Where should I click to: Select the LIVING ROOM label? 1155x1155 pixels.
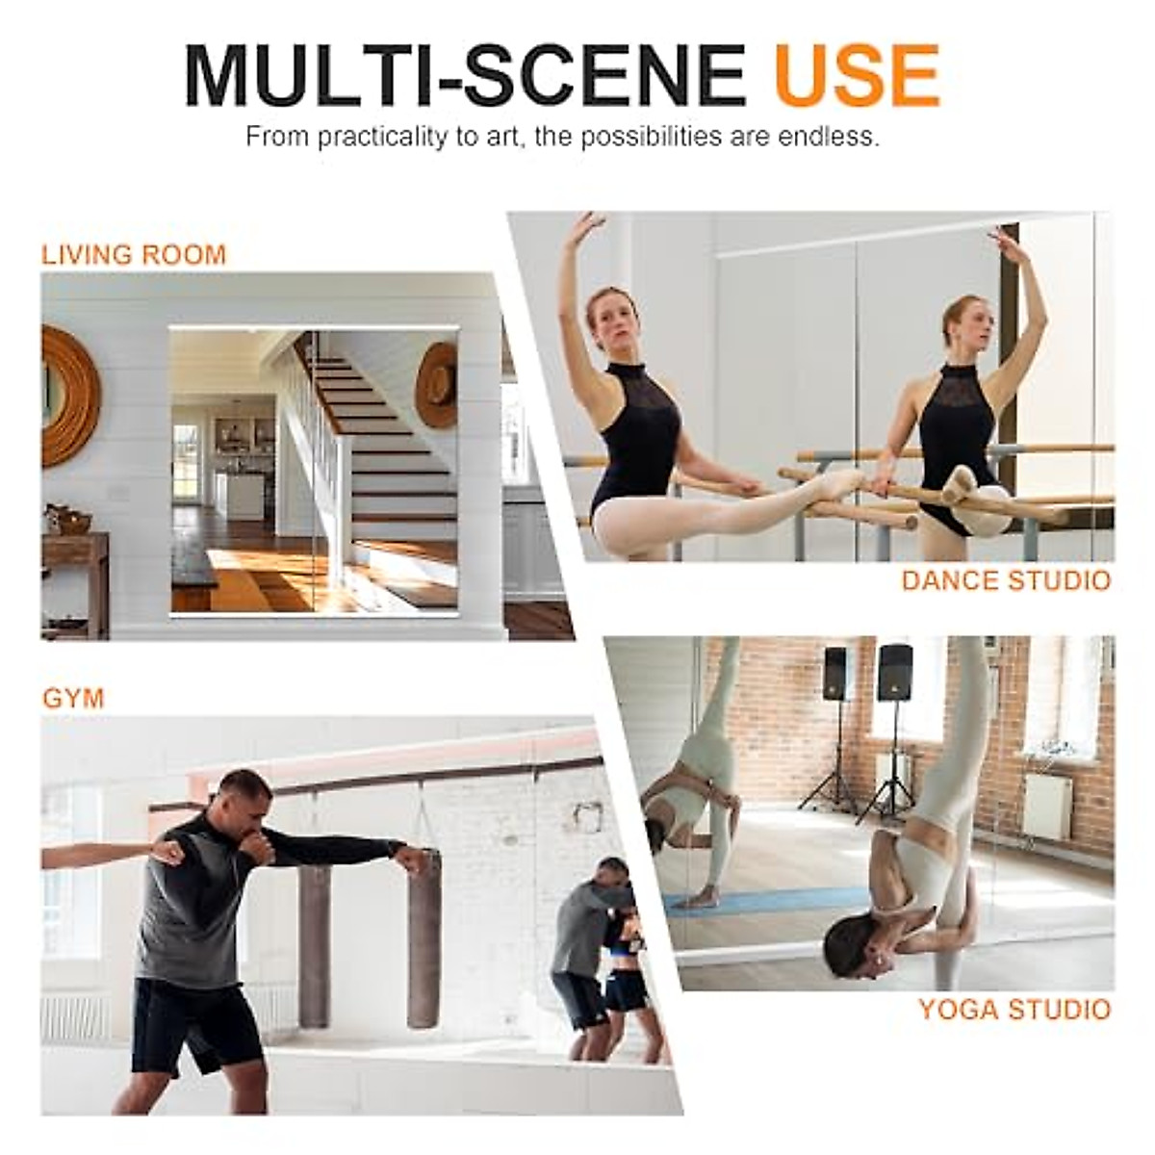[134, 255]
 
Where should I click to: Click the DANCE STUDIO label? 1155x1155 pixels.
[1006, 580]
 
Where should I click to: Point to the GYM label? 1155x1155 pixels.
[73, 698]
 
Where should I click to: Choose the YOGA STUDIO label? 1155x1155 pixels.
[1014, 1010]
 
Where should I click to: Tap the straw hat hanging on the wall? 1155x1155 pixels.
[437, 385]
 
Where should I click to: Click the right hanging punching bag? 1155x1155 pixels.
[424, 938]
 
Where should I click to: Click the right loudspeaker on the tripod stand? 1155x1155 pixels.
[894, 672]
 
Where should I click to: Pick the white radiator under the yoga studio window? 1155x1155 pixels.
[1046, 805]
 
